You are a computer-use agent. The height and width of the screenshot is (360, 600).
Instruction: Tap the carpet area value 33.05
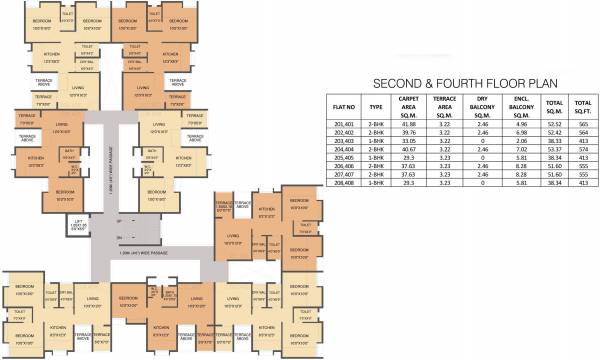pyautogui.click(x=406, y=141)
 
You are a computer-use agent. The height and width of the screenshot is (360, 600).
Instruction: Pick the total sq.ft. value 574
pyautogui.click(x=582, y=149)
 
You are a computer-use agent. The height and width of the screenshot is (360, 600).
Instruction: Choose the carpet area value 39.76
pyautogui.click(x=406, y=133)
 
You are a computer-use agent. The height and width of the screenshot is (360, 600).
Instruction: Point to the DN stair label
pyautogui.click(x=119, y=237)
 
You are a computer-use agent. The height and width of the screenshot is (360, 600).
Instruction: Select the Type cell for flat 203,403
pyautogui.click(x=376, y=141)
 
